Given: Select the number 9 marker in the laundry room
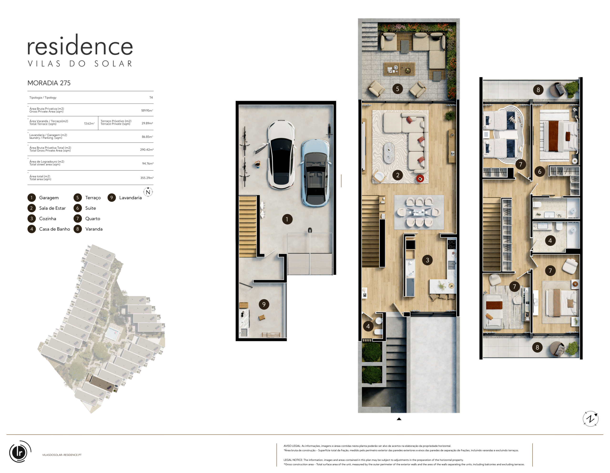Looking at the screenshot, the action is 264,304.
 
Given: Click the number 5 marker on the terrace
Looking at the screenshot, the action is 397,89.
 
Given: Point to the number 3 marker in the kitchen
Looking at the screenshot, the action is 427,260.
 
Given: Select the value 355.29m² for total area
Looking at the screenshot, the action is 147,178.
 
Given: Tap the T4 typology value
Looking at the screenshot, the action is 151,98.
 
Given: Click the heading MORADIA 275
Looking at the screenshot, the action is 49,83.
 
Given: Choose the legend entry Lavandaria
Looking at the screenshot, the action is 130,198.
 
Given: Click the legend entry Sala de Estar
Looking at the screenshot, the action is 52,208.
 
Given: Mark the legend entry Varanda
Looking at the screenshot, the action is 94,229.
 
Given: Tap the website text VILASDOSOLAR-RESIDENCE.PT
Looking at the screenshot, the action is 62,455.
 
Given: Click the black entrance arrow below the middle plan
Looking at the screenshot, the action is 399,419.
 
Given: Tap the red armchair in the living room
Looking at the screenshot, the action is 420,179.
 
